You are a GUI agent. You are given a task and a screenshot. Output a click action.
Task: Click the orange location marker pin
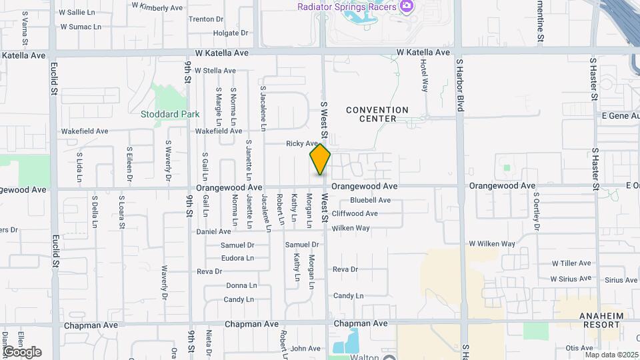320,159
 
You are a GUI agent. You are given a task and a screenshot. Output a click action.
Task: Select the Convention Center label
377,114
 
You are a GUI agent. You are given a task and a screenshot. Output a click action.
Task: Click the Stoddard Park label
170,114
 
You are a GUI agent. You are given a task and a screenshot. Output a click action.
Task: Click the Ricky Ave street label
302,143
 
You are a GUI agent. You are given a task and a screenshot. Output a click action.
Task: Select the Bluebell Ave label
370,200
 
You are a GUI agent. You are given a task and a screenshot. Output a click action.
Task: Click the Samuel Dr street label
237,245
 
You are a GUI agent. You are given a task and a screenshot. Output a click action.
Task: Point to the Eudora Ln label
237,258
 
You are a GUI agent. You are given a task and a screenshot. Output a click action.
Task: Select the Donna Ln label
241,285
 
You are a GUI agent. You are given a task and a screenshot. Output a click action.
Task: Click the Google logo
22,352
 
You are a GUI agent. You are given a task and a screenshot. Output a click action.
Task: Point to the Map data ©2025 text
610,355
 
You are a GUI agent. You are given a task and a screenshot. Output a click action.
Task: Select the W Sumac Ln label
81,27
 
